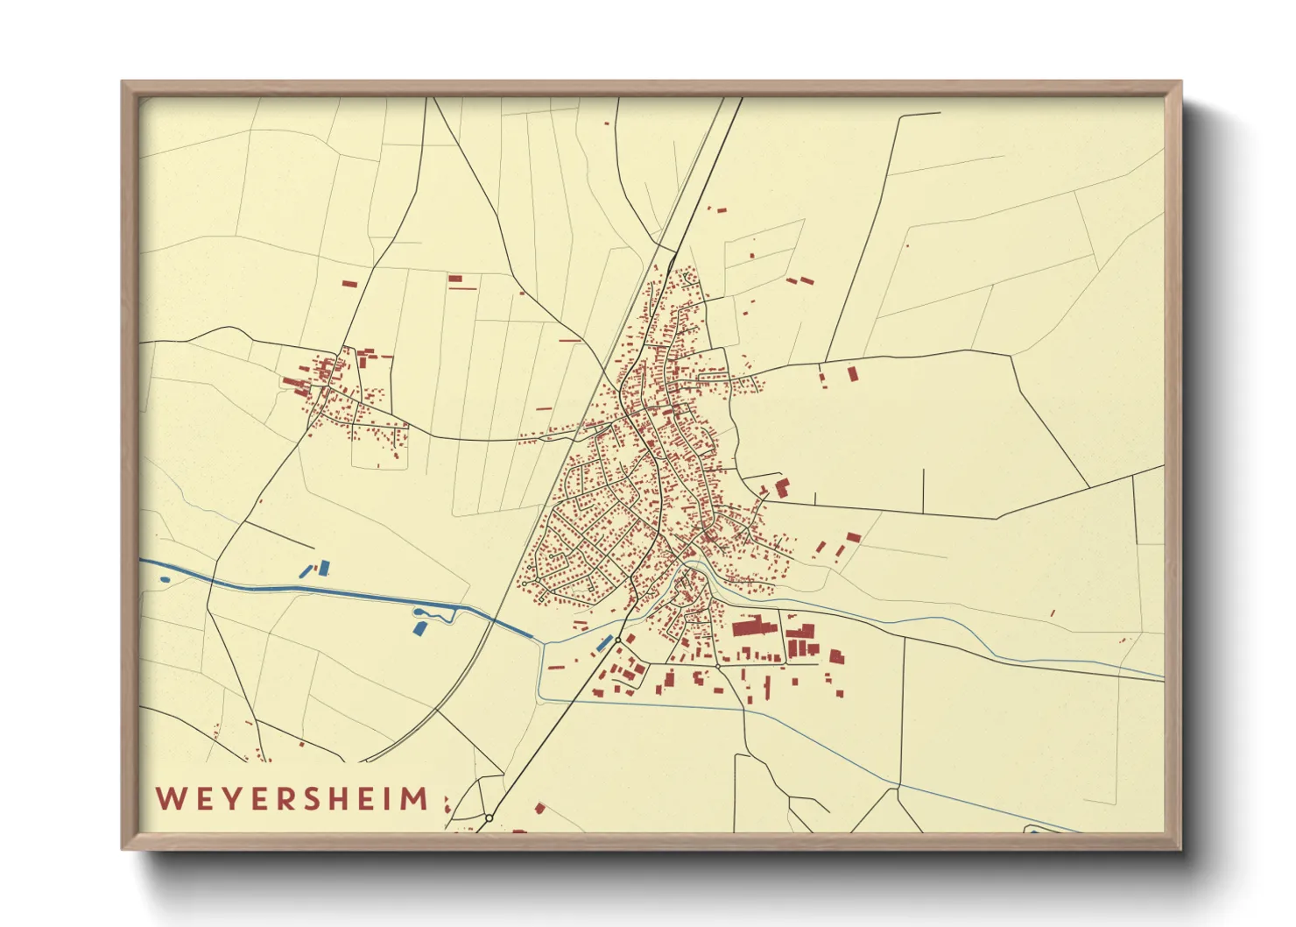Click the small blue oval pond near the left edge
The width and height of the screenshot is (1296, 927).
[x=165, y=579]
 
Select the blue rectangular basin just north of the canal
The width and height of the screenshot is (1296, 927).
[x=323, y=568]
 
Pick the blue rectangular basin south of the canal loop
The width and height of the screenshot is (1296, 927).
[x=419, y=627]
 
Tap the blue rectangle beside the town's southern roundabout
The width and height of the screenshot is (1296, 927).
[x=602, y=643]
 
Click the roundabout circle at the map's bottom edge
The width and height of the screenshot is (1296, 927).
[x=489, y=817]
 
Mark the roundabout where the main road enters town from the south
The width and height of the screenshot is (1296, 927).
[x=617, y=640]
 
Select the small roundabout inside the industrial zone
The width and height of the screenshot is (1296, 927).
[x=717, y=666]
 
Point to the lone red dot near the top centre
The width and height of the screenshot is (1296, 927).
[x=607, y=124]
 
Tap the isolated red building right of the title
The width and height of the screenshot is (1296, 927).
[x=539, y=808]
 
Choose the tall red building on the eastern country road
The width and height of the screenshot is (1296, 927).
[x=852, y=374]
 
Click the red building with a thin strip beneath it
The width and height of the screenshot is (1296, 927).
[x=455, y=280]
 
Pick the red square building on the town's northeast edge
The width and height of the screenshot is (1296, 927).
[x=782, y=487]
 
